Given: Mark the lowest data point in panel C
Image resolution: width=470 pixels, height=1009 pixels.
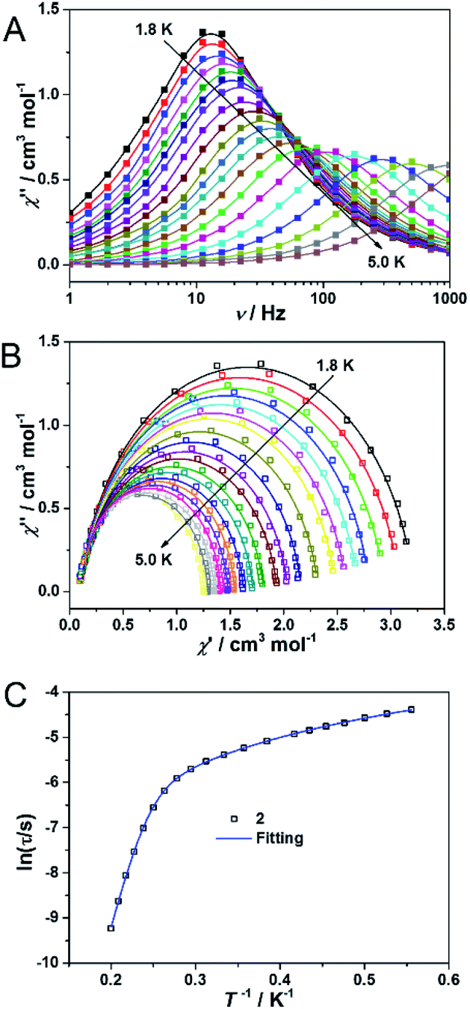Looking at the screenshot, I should coord(111,928).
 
